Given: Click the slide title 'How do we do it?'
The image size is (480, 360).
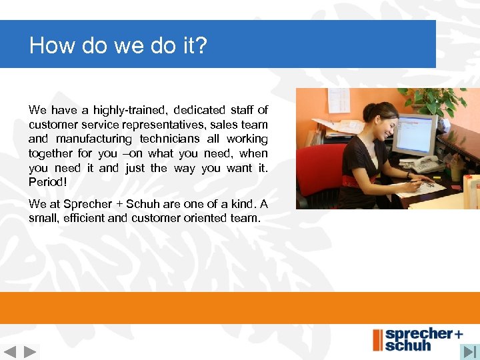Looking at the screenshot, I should coord(119,45).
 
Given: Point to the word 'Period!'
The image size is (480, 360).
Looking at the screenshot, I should coord(48,182).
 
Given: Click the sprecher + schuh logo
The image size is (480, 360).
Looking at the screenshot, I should coord(417,339).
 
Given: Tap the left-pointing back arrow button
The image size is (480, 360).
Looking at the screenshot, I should coord(10,351).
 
